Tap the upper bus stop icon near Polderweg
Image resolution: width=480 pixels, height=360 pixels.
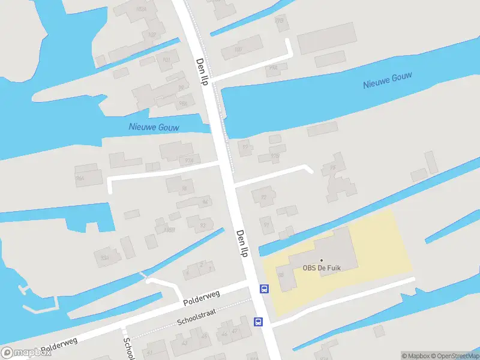[x=264, y=289]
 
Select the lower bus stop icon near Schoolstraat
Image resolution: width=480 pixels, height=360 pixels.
[x=259, y=322]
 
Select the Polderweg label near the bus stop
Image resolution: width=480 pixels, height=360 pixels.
[x=202, y=296]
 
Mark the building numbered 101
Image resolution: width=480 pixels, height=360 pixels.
[x=167, y=60]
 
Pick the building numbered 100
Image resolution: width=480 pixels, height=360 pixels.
[x=238, y=49]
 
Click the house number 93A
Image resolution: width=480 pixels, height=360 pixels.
[x=104, y=257]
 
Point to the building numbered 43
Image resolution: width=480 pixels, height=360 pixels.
[x=184, y=343]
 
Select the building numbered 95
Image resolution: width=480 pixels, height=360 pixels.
[x=332, y=167]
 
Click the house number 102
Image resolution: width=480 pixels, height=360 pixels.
[x=152, y=34]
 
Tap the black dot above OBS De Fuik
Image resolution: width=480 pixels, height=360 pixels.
[x=321, y=260]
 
